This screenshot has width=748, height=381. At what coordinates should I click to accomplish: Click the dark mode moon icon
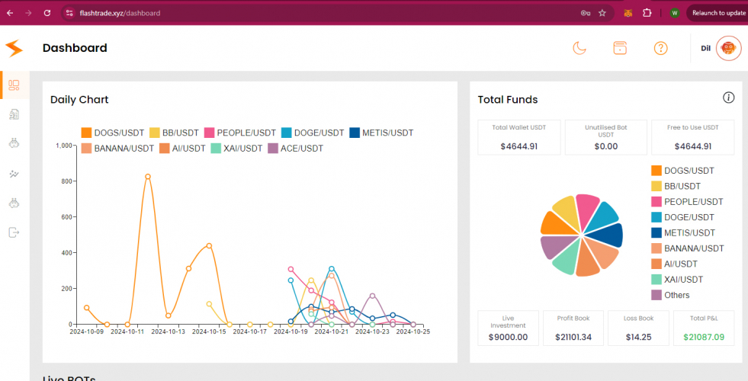(580, 48)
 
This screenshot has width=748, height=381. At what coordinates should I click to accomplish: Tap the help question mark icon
(660, 48)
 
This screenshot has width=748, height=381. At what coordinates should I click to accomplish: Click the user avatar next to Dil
(728, 48)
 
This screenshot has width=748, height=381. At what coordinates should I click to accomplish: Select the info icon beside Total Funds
(728, 98)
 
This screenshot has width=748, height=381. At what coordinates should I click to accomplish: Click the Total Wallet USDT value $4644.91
(519, 146)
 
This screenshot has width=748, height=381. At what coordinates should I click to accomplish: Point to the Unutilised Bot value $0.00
(606, 146)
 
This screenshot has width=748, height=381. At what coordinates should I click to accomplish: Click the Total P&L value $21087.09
(704, 337)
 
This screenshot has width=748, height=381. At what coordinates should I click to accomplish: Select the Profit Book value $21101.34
(573, 337)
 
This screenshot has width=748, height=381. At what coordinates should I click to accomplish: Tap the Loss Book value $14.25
(638, 337)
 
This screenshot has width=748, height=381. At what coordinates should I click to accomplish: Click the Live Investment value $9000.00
(508, 337)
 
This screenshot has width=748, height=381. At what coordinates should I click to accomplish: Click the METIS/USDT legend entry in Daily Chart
(381, 133)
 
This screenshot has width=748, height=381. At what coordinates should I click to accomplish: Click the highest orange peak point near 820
(147, 177)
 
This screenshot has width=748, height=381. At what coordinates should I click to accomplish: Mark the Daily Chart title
(79, 100)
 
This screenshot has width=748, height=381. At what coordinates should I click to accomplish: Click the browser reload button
(47, 13)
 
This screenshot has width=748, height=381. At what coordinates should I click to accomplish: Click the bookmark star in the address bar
(602, 13)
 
